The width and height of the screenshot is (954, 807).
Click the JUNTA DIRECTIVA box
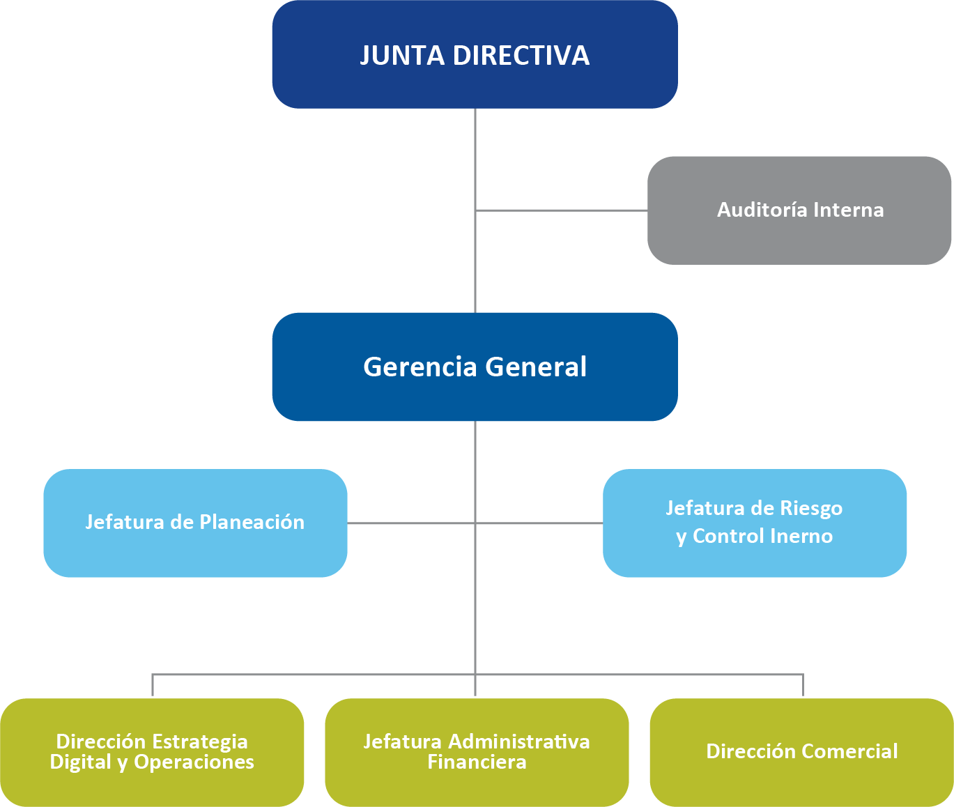click(475, 54)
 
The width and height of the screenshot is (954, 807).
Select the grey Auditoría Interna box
click(799, 210)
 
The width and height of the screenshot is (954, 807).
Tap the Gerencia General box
click(475, 367)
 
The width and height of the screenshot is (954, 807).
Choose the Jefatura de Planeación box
click(195, 523)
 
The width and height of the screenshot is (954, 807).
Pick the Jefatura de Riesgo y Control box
click(755, 523)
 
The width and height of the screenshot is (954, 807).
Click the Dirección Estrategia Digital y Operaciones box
click(152, 752)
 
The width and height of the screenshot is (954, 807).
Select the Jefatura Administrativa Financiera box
click(477, 752)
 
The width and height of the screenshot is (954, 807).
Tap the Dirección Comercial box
click(801, 752)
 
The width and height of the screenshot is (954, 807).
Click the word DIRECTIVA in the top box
click(521, 56)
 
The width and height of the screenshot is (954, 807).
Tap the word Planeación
click(252, 523)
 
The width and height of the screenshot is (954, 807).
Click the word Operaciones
click(194, 762)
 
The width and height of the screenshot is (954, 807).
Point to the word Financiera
click(477, 762)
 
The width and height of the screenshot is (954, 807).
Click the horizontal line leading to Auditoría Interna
click(561, 210)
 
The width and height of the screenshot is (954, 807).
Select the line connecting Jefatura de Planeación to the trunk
click(411, 523)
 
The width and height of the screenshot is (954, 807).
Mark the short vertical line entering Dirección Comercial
click(803, 686)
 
